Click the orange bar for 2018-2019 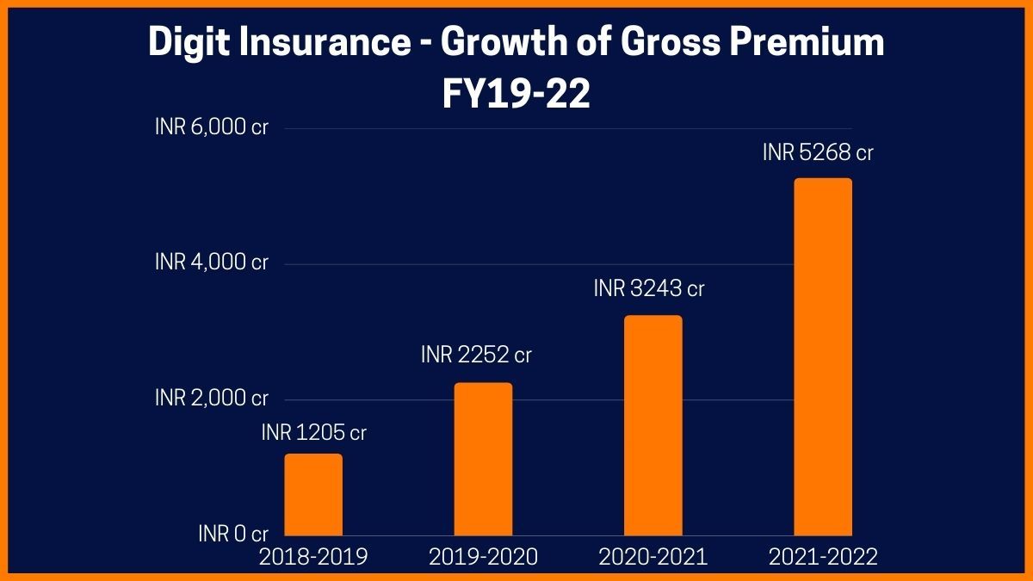pos(313,494)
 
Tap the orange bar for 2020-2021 pos(653,425)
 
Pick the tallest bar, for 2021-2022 pos(822,356)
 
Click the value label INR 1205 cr pos(314,433)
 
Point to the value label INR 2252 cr pos(476,355)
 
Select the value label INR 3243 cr pos(649,289)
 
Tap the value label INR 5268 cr pos(818,153)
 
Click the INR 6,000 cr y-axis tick pos(212,127)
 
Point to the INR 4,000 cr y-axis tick pos(212,263)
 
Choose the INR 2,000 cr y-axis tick pos(212,399)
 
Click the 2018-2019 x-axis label pos(313,558)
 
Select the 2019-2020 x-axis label pos(483,558)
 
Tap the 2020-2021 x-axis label pos(653,558)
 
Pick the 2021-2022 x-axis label pos(822,558)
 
